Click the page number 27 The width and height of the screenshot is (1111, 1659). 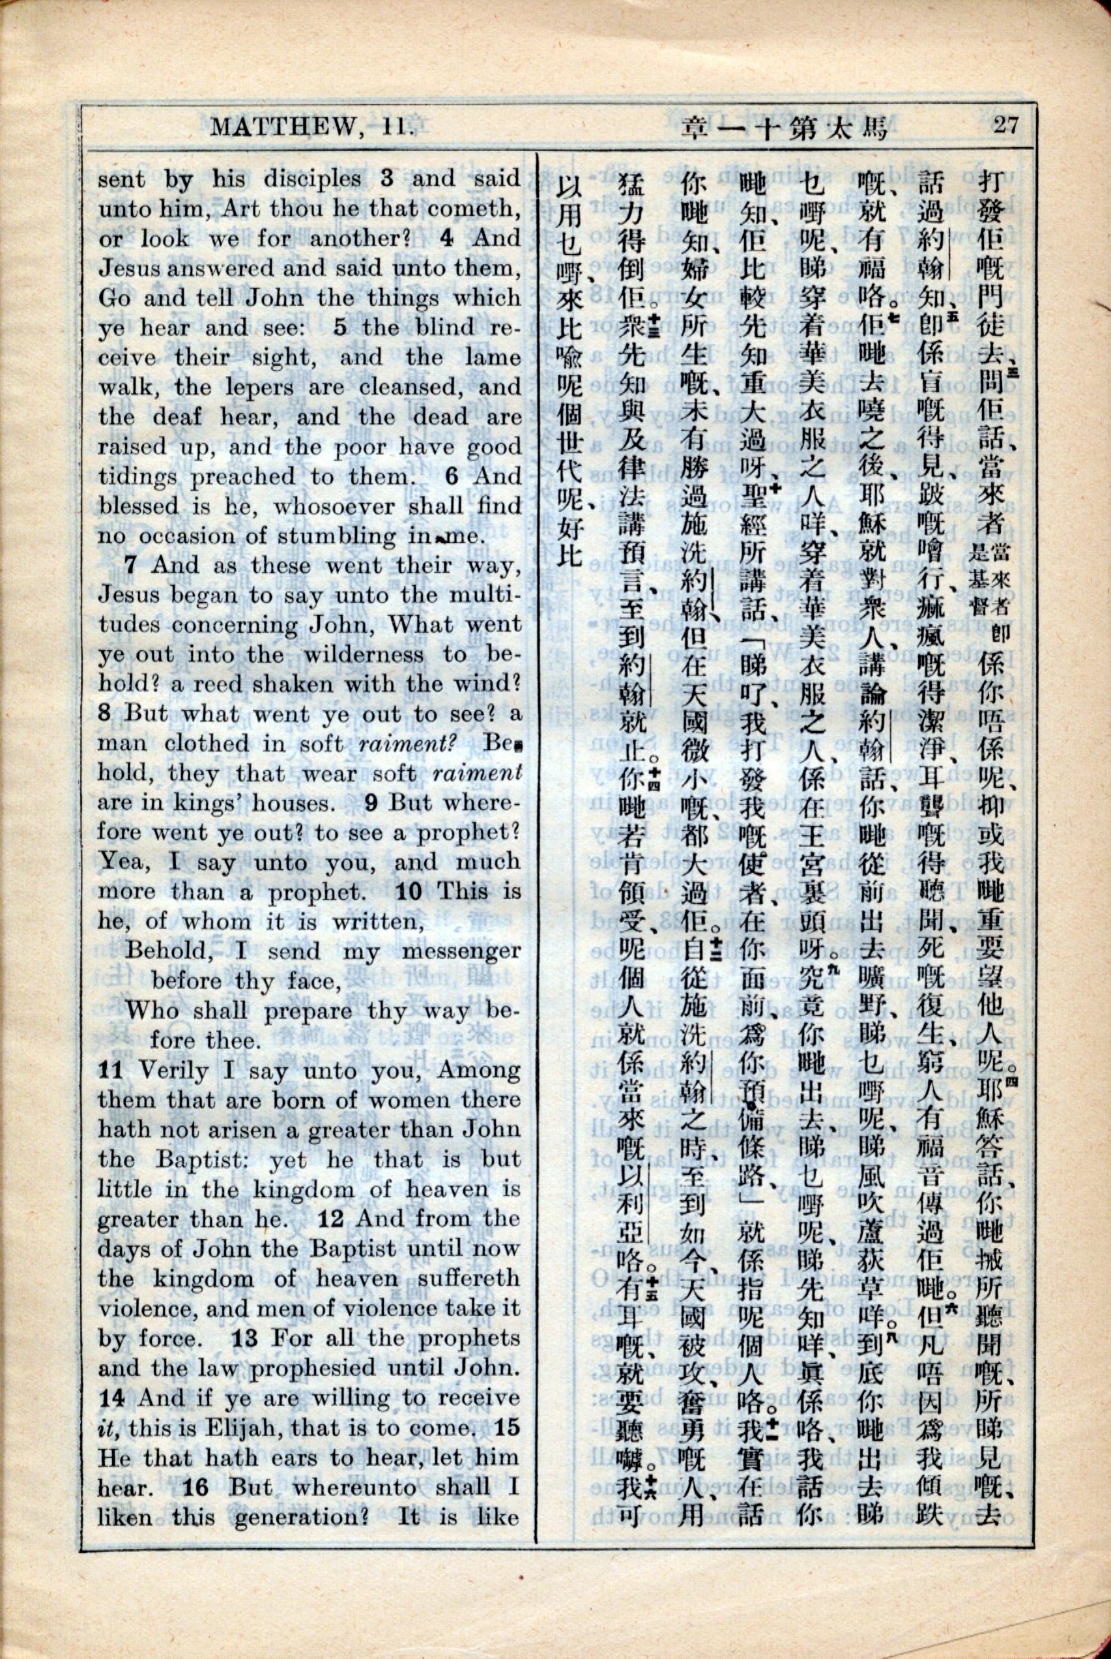[1005, 126]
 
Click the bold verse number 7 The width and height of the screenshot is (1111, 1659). [130, 566]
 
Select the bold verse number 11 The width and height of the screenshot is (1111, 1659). [111, 1072]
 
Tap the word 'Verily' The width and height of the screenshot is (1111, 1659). [170, 1072]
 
